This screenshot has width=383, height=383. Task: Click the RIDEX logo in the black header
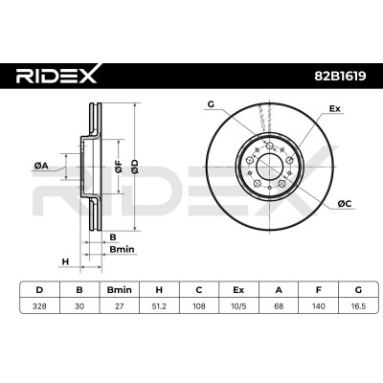coord(56,75)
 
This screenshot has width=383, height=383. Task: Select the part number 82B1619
coord(340,76)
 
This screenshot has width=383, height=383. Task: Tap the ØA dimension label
coord(41,166)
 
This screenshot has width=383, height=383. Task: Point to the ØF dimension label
coord(119,167)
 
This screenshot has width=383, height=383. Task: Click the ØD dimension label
coord(135,167)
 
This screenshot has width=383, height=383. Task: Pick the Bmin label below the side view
coord(122,249)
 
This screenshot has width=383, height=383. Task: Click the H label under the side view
coord(65,262)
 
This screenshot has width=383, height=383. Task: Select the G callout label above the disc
coord(211,104)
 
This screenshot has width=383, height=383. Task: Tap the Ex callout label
coord(335,109)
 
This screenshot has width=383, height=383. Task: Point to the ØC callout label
coord(345,203)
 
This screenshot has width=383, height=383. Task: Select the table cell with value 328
coord(39,306)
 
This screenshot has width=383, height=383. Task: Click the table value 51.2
coord(159,306)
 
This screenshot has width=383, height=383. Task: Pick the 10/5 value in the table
coord(238,306)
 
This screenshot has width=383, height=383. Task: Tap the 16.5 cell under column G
coord(358,306)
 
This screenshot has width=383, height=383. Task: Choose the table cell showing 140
coord(319,306)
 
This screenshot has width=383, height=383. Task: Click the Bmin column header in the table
coord(120,290)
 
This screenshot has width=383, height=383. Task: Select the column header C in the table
coord(199,290)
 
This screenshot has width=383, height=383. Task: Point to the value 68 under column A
coord(279,306)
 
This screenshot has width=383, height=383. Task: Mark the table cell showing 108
coord(199,306)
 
